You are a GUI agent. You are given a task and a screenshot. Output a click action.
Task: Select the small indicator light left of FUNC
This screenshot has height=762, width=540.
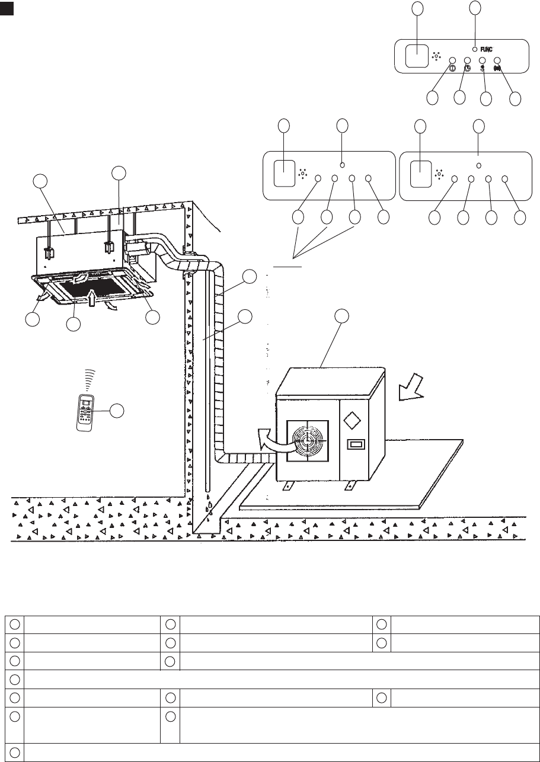pos(475,49)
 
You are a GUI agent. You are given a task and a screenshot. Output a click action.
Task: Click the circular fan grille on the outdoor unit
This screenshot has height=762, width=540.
pos(307,441)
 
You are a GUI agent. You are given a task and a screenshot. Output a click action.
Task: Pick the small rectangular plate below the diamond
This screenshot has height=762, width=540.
pos(356,445)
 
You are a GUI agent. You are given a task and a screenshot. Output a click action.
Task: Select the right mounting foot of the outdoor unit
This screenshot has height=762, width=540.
pos(346,485)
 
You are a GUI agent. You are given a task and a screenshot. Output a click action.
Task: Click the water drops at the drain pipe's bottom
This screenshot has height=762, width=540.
pos(209,508)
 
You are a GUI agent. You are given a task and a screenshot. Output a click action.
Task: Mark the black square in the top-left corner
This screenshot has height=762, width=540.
pos(6,10)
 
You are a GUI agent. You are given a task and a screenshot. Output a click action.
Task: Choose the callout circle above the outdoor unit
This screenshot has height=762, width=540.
pos(342,316)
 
